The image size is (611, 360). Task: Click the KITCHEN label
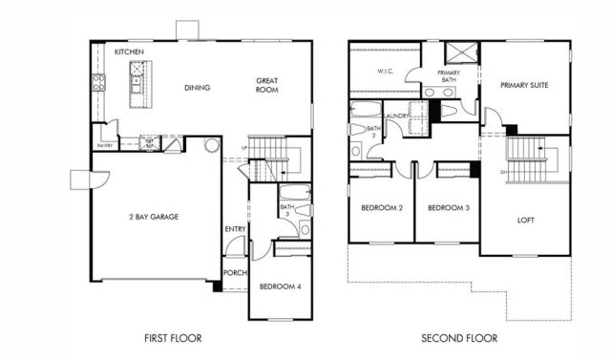(129, 52)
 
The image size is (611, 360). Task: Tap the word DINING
(197, 88)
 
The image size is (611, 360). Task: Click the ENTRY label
(234, 229)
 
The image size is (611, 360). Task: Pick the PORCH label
(235, 272)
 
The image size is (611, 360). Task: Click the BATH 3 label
(286, 211)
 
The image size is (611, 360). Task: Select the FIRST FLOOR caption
(173, 338)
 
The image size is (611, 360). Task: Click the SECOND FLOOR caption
(461, 338)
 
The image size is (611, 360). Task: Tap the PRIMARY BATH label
(449, 76)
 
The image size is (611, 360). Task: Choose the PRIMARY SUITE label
(525, 84)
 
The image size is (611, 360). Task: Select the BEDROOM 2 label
(382, 208)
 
